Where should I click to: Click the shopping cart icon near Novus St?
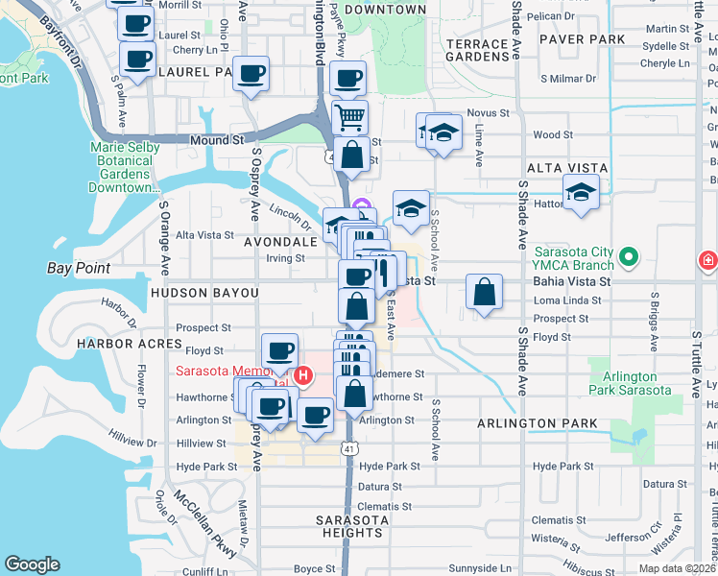(x=350, y=118)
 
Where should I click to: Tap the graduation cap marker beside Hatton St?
(x=581, y=192)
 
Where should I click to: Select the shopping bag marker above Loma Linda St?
(x=485, y=292)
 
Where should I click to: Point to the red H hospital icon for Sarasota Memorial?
(x=302, y=374)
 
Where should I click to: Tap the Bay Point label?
(x=79, y=268)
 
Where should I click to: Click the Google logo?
(x=32, y=564)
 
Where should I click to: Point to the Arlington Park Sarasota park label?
(x=630, y=383)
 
